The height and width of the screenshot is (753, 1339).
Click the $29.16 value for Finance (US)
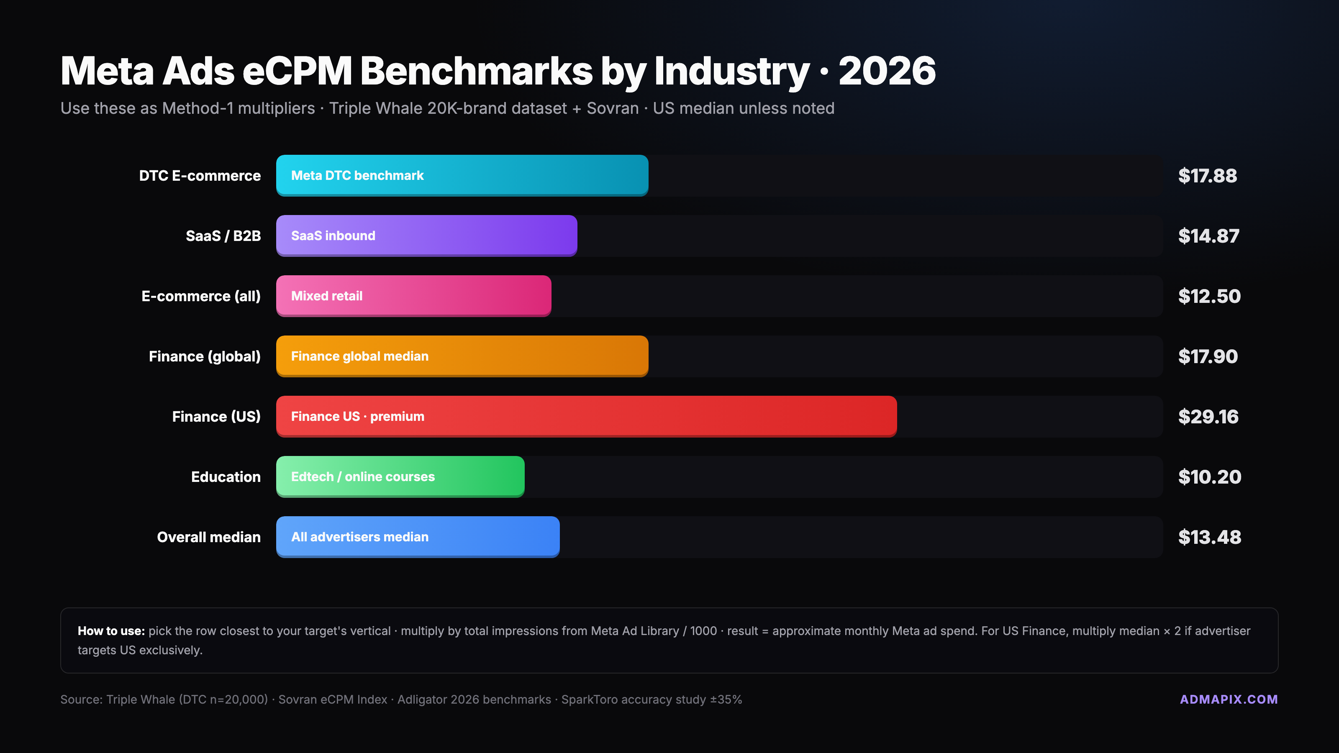1208,417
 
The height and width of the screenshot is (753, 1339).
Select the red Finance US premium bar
586,416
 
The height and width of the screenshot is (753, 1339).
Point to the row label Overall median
208,537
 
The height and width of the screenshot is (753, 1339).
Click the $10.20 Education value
1209,477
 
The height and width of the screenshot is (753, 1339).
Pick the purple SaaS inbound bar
426,236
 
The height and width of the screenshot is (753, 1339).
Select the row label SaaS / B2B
223,236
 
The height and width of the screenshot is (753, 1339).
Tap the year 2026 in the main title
887,71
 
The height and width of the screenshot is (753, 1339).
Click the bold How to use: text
111,631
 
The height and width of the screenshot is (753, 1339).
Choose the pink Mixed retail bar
413,296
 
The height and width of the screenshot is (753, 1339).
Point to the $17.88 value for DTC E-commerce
1207,176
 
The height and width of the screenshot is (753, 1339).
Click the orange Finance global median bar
462,356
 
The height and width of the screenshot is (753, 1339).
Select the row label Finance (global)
204,356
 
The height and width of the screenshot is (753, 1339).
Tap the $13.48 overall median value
1209,537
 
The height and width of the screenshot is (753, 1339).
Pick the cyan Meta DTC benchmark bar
462,175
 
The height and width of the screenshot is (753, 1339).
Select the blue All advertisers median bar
418,537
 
